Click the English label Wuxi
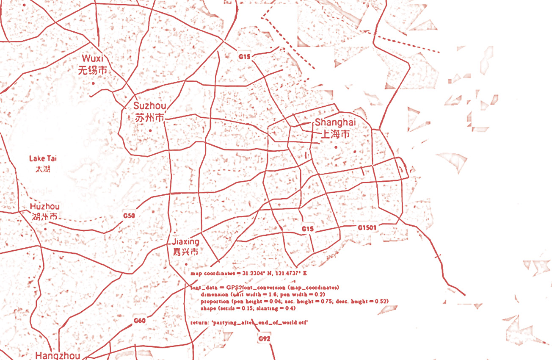(93, 58)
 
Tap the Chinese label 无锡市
(93, 70)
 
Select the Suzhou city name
(149, 106)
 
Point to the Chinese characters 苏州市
(149, 118)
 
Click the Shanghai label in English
(335, 122)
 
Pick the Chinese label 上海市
(335, 135)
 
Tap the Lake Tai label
(43, 159)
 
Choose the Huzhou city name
(45, 207)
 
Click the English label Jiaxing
(185, 241)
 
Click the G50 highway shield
(129, 216)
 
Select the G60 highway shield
(140, 321)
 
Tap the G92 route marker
(264, 339)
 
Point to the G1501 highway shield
(367, 227)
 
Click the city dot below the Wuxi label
(94, 83)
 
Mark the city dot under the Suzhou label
(150, 130)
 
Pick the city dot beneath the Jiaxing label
(186, 265)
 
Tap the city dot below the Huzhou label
(45, 229)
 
